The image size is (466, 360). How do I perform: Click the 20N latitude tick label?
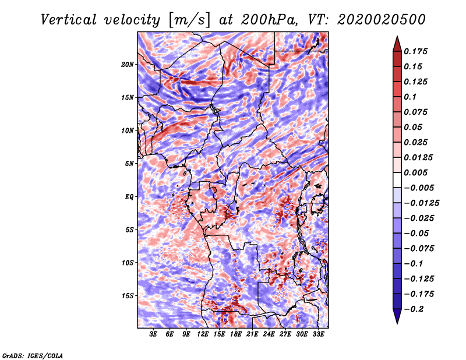point(128,65)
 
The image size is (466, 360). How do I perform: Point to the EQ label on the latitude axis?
point(129,197)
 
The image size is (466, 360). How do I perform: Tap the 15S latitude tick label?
point(128,296)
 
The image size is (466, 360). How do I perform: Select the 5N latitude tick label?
point(129,164)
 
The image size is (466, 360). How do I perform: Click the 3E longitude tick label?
point(153,334)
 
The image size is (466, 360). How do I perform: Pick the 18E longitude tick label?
point(236,334)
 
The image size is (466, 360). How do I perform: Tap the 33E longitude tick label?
point(318,334)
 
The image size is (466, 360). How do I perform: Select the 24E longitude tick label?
point(269,334)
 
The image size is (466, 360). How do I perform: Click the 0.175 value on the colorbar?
point(415,51)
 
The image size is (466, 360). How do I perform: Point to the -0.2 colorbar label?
point(414,309)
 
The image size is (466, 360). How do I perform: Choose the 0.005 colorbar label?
point(415,172)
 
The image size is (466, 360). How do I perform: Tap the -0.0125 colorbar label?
point(421,203)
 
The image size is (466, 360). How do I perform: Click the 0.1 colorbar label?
point(410,97)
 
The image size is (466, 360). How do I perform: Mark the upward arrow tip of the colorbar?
point(397,36)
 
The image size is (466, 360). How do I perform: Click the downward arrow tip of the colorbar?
point(397,323)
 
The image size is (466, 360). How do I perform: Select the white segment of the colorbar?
point(397,180)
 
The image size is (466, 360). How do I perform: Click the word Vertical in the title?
point(68,20)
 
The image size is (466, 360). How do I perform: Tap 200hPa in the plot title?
point(269,20)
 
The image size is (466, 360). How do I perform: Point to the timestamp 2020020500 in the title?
point(382,20)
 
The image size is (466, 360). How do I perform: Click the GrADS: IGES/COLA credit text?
point(33,355)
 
